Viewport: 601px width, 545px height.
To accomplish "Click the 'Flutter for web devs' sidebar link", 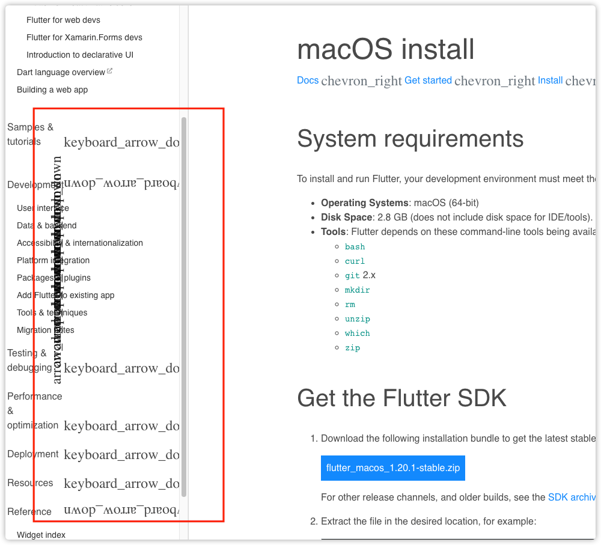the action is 63,20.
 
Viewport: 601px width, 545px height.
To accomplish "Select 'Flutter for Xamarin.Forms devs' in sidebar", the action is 84,37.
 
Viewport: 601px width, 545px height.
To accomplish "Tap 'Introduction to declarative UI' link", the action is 80,55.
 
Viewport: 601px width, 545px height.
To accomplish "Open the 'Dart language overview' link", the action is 61,72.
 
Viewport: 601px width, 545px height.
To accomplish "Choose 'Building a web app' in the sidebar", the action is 52,90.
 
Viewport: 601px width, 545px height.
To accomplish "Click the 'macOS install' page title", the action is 385,49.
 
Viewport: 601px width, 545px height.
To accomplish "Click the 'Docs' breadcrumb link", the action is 308,80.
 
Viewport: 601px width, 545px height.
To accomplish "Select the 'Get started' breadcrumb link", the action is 428,80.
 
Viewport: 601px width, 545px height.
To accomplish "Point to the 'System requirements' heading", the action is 410,139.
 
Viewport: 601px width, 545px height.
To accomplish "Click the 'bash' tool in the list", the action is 355,247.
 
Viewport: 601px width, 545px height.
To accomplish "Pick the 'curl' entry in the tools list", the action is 355,261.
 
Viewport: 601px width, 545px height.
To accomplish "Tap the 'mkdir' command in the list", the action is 357,290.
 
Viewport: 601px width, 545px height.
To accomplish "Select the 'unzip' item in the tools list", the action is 357,319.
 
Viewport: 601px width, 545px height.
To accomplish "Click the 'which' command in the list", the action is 357,333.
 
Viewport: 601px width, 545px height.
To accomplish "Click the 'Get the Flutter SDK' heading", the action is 401,398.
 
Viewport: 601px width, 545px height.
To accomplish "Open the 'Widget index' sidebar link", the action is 41,535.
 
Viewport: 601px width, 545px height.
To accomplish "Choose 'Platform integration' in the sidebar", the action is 53,260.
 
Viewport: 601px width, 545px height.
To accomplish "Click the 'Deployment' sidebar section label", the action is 33,454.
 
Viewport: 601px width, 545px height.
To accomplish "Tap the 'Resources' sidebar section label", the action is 30,483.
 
